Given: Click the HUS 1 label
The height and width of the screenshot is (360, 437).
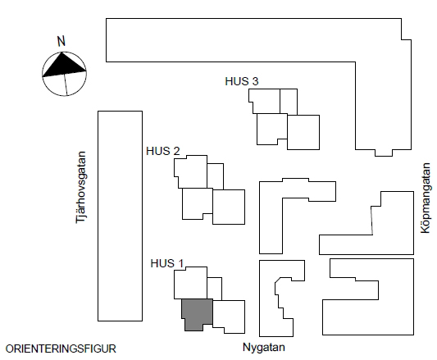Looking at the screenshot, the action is [167, 263].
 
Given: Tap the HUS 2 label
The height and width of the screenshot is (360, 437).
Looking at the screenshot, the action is [163, 151].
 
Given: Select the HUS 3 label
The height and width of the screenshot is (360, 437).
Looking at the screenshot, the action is [242, 81].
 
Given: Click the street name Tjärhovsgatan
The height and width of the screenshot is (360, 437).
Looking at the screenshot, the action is [81, 187].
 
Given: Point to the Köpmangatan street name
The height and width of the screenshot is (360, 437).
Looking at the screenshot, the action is [426, 198].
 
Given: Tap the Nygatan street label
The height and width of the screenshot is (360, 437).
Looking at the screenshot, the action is [264, 348].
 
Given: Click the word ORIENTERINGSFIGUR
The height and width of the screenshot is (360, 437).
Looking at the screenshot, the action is [61, 349].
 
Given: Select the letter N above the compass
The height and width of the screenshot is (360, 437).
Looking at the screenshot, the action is [61, 41].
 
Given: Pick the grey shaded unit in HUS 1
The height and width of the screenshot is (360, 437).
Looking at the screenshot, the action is [197, 314].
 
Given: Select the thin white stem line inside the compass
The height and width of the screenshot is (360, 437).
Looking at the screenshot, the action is [66, 84].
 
